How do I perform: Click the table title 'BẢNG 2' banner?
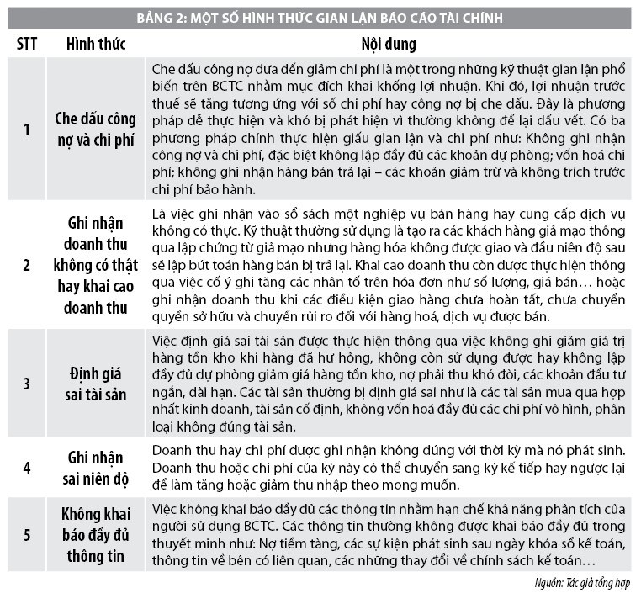pos(320,18)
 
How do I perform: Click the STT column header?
pos(25,43)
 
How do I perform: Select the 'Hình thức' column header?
pos(95,43)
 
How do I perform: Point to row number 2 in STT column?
pos(25,263)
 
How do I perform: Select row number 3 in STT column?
pos(25,383)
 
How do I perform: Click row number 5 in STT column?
pos(25,535)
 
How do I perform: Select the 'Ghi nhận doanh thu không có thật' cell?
pos(95,263)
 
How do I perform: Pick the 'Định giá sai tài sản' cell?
pos(95,383)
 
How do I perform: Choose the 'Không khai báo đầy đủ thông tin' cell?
pos(95,535)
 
